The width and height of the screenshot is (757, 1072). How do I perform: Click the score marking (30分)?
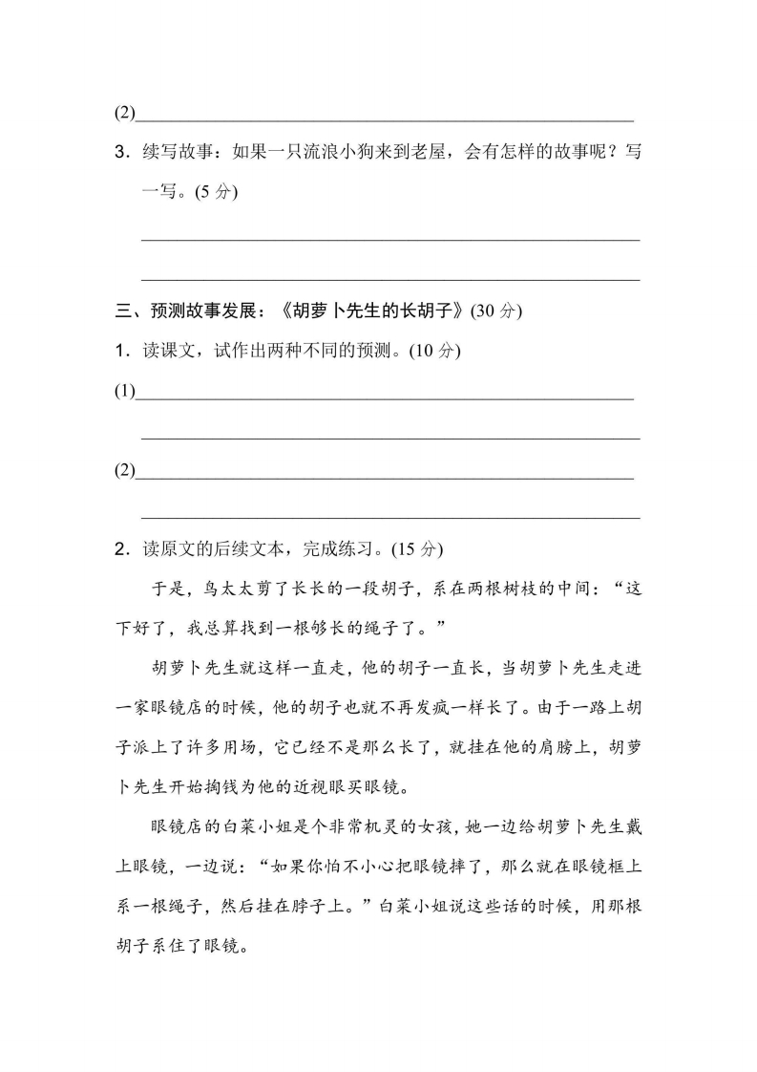coord(497,311)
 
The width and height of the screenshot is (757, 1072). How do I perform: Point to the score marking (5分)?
coord(215,191)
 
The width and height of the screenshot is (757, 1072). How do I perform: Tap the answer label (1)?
coord(124,392)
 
